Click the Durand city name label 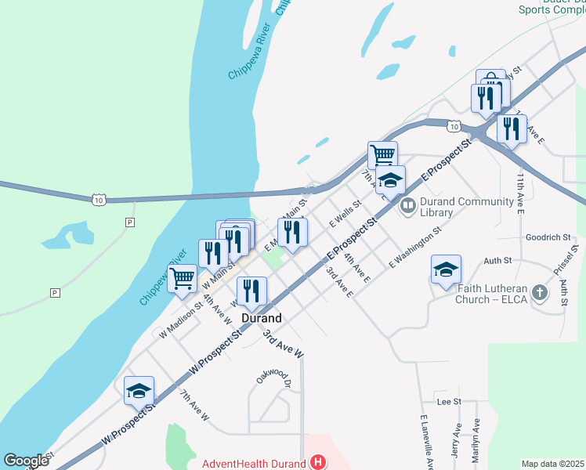coord(261,319)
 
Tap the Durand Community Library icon coord(407,207)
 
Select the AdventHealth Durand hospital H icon coord(317,462)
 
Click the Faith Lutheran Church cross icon coord(538,293)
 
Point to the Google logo coord(26,461)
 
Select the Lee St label coord(449,401)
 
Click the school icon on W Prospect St coord(139,390)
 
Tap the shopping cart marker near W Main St coord(183,277)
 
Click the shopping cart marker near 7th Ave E coord(382,154)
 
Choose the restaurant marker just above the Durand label coord(251,291)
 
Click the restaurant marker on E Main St coord(292,232)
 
